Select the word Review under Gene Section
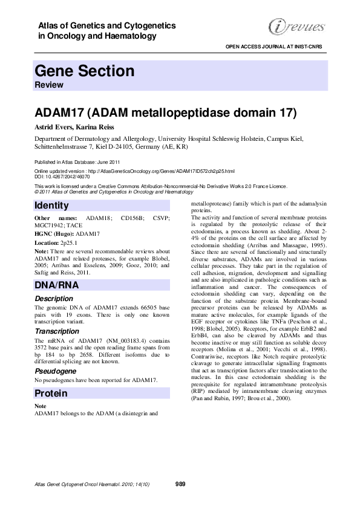tap(50, 85)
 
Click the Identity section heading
tap(52, 206)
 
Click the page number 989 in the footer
tap(180, 484)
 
